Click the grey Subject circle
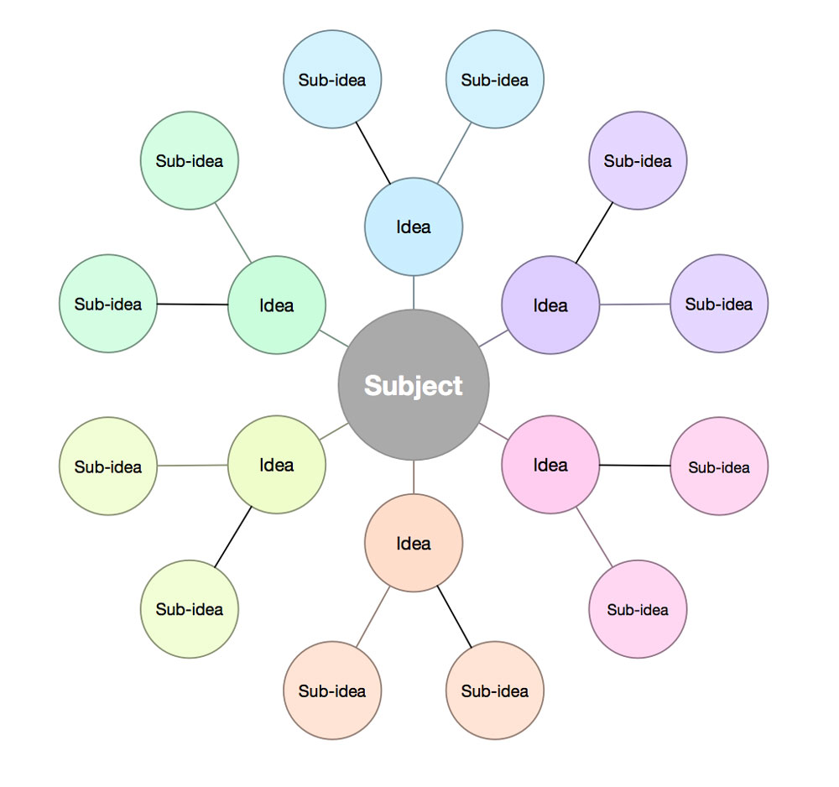pos(413,420)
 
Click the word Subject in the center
pos(413,385)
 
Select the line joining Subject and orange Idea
pos(414,477)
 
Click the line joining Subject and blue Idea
pos(414,292)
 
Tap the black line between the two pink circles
pos(635,465)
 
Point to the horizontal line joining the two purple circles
pos(635,304)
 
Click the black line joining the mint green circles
pos(192,304)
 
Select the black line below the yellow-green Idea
pos(233,537)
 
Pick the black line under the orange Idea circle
pos(455,616)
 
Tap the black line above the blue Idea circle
pos(373,152)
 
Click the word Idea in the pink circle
pos(550,465)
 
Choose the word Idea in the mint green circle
pos(276,305)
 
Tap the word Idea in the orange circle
pos(413,544)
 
